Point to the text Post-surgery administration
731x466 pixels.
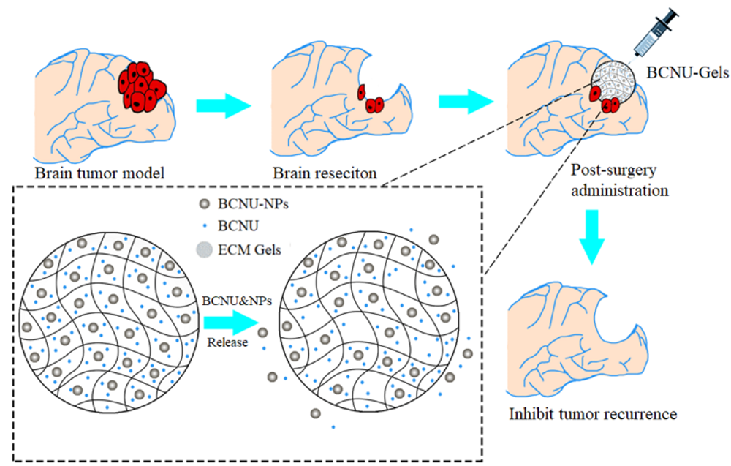pos(620,181)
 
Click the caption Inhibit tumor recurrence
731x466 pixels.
pos(592,415)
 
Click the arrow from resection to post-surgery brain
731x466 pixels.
pos(465,100)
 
